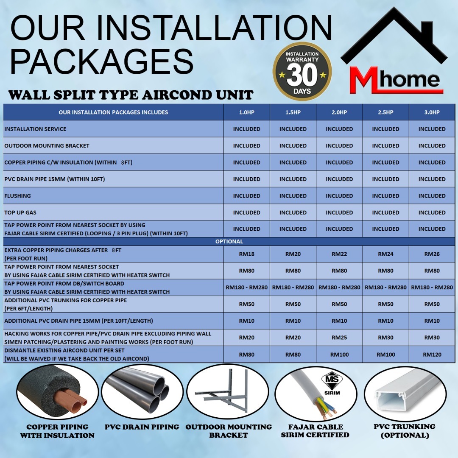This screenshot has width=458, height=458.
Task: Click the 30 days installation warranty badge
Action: (302, 71)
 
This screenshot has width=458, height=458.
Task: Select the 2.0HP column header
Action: (339, 112)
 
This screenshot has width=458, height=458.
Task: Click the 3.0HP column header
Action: (432, 112)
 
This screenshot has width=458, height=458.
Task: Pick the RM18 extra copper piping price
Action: (246, 254)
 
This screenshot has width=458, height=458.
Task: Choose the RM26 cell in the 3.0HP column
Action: (432, 254)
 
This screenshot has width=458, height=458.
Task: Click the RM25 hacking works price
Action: (339, 338)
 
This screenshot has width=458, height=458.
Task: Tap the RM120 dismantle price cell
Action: (432, 355)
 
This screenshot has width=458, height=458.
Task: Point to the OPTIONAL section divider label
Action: (229, 242)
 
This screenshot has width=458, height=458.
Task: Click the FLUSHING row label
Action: (17, 195)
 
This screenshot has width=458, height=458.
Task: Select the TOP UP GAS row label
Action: (20, 212)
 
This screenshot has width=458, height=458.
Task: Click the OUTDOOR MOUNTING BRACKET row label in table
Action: (47, 146)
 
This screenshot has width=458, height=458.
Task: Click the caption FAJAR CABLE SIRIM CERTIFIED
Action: (315, 431)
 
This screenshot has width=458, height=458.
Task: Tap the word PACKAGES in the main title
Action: (102, 62)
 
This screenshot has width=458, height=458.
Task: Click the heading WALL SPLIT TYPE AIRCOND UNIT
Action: (131, 95)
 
